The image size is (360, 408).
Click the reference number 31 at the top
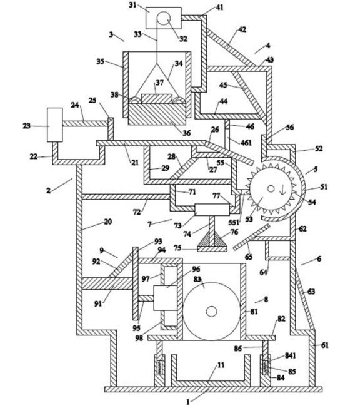pos(132,5)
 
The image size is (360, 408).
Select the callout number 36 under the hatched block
pos(186,133)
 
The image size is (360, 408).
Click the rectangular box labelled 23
pos(54,125)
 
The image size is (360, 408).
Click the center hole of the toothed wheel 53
pos(271,188)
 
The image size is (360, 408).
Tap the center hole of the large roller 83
pos(212,311)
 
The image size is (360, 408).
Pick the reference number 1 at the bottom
pos(188,402)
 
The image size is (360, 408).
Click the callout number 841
pos(290,355)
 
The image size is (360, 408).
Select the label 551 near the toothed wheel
pos(233,223)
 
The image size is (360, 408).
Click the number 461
pos(246,143)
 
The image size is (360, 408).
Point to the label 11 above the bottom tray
pos(221,365)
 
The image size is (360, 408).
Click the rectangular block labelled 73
pos(212,210)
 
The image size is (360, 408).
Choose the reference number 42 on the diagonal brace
pos(242,29)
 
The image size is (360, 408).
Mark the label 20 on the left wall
pos(108,222)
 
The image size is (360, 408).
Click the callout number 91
pos(98,303)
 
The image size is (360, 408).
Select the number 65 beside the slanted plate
pos(249,257)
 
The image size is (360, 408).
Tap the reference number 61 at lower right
pos(325,345)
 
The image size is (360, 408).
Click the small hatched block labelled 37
pos(157,98)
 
